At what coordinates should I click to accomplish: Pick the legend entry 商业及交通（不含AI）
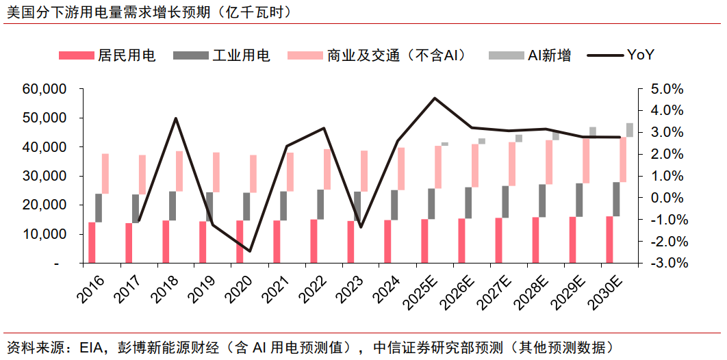[x=396, y=55]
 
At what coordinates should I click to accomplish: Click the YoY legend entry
[x=640, y=55]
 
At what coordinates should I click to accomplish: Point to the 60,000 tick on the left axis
[x=44, y=89]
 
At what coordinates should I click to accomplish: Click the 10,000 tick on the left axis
[x=44, y=234]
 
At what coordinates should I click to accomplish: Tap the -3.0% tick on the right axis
[x=666, y=263]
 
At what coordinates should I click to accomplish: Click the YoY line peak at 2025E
[x=435, y=98]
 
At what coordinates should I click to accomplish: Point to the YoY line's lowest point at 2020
[x=250, y=251]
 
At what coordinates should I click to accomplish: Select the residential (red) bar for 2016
[x=92, y=242]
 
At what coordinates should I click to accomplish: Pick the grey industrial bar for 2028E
[x=542, y=201]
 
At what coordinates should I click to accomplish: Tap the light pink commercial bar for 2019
[x=216, y=172]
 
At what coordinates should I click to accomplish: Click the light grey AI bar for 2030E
[x=630, y=130]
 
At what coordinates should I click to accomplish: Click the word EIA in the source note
[x=91, y=347]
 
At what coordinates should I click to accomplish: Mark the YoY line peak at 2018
[x=176, y=118]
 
